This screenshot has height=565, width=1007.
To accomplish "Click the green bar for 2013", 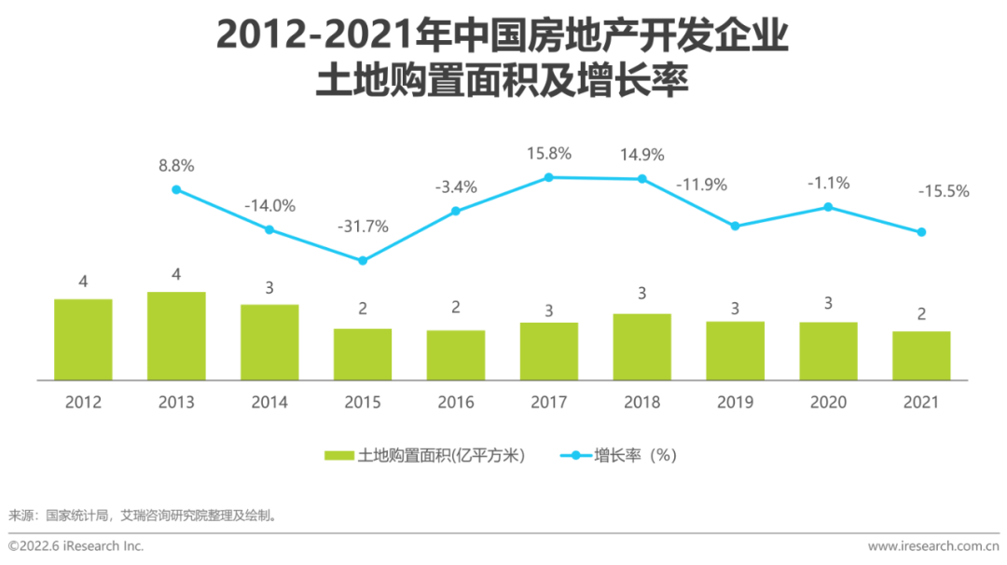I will coord(176,336).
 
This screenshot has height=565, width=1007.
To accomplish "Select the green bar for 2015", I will coord(363,354).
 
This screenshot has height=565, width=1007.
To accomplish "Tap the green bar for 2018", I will coord(641,347).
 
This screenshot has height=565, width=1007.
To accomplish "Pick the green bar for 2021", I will coord(921,355).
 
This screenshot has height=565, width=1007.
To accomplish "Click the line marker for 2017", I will coord(549,177).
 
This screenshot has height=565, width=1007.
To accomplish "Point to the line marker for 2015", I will coord(363,260).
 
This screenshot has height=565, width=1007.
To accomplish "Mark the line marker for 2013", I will coord(176,189).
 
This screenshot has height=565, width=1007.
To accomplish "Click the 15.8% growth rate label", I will coord(549,154).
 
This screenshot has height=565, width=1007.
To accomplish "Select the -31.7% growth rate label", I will coord(363,227).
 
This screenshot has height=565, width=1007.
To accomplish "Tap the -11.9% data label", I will coord(701,185).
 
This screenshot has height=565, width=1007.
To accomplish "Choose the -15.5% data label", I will coord(944,191).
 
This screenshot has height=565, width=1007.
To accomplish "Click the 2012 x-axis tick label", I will coord(83,402).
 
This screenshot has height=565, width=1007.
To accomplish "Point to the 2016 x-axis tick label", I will coord(456,402).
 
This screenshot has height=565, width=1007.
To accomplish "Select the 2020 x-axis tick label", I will coord(828,402).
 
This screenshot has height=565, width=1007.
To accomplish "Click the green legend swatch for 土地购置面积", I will coord(339,456).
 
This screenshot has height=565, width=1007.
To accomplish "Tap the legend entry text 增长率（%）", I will coord(635,456).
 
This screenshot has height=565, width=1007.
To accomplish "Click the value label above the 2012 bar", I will coord(83,281).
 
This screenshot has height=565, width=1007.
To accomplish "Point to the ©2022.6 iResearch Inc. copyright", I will coord(76,545).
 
